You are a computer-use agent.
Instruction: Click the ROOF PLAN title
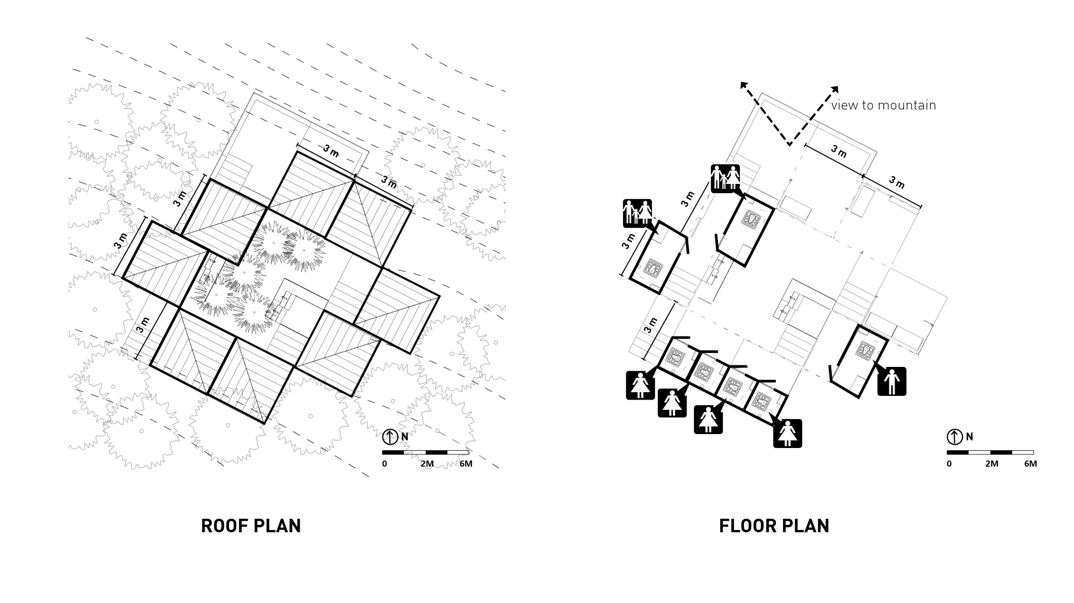[x=251, y=526]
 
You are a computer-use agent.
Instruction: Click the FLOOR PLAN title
[x=774, y=526]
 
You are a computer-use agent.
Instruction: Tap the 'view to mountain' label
[x=883, y=105]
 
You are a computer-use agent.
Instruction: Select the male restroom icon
[x=891, y=381]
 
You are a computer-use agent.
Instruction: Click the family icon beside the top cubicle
[x=725, y=178]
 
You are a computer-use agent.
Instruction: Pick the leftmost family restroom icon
[x=637, y=213]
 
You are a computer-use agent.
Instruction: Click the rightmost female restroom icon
[x=787, y=433]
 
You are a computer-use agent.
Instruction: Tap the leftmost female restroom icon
[x=640, y=385]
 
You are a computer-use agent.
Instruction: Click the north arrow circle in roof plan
[x=390, y=437]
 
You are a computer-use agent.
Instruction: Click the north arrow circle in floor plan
[x=954, y=437]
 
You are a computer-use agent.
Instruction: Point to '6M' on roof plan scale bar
[x=466, y=464]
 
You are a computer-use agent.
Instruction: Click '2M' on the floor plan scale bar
[x=991, y=464]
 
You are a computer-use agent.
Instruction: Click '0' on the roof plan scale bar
[x=384, y=464]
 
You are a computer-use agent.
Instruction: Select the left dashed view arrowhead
[x=744, y=86]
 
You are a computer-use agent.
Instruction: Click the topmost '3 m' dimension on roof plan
[x=331, y=151]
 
